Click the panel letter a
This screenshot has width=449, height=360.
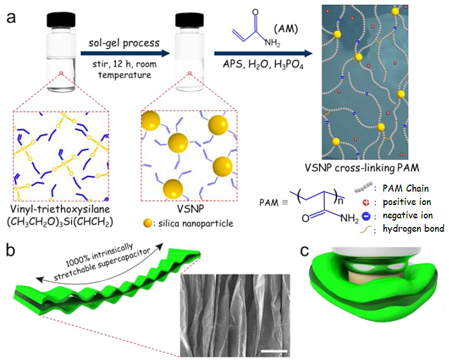[x=11, y=18]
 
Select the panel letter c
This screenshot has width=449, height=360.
[x=305, y=251]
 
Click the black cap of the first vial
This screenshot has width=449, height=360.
[x=61, y=20]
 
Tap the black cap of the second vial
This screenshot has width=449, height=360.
[x=189, y=20]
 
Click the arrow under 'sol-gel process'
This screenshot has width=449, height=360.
[x=125, y=53]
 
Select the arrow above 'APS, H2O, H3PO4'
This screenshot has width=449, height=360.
[x=263, y=53]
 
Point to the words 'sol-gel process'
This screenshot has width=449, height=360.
[x=124, y=43]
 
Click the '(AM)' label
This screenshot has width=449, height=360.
[x=286, y=28]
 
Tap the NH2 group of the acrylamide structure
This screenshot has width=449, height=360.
[x=272, y=43]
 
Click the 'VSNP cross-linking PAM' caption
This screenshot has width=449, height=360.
[x=362, y=168]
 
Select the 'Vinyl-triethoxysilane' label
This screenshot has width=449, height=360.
[x=60, y=208]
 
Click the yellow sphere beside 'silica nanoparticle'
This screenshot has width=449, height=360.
[x=148, y=224]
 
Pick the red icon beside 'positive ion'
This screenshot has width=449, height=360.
[x=366, y=203]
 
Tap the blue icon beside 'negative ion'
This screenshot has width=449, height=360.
[x=366, y=216]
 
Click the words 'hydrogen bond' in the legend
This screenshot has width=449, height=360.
[x=414, y=228]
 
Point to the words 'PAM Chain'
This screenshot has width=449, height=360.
[x=405, y=188]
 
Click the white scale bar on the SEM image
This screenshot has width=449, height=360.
[x=274, y=351]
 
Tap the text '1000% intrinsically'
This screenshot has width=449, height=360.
[x=99, y=255]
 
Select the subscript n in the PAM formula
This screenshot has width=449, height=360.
[x=341, y=201]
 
